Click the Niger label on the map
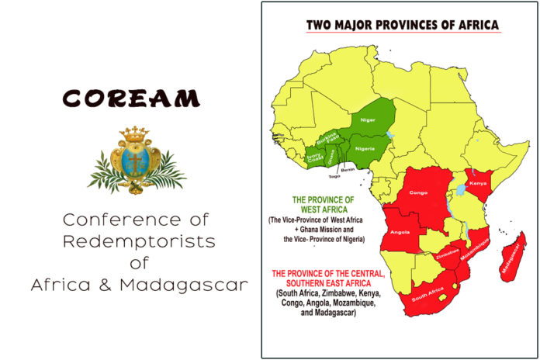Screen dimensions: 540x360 [368, 120]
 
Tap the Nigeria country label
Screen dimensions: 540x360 [365, 149]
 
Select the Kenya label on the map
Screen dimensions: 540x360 [478, 183]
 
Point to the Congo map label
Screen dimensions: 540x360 [418, 192]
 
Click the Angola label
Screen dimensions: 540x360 [400, 232]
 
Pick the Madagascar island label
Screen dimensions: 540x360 [511, 258]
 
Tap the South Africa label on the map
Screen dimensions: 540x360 [427, 294]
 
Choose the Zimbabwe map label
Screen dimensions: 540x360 [448, 254]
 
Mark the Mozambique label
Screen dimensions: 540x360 [475, 249]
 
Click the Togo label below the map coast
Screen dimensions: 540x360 [334, 176]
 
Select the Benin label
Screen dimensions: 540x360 [348, 169]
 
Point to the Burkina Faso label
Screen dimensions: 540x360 [327, 138]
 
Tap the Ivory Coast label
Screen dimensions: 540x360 [315, 157]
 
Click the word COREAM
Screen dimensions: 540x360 [131, 99]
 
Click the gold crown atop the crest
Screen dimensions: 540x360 [134, 133]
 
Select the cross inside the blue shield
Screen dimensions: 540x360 [135, 162]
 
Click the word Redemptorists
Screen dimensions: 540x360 [139, 241]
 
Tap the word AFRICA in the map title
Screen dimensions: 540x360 [479, 25]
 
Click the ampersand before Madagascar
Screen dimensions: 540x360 [105, 286]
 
